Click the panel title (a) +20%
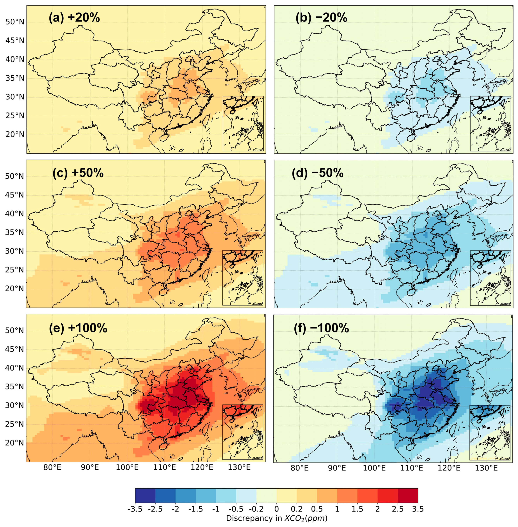click(74, 18)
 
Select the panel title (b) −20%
click(321, 18)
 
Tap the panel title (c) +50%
click(78, 173)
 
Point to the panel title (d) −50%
click(317, 173)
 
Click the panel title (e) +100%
click(78, 328)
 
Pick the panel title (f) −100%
click(321, 328)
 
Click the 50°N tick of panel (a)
click(15, 22)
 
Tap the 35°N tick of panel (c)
click(15, 232)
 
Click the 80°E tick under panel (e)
click(52, 468)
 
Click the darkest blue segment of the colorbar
click(145, 496)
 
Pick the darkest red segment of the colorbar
click(407, 496)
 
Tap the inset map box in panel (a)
click(243, 124)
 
